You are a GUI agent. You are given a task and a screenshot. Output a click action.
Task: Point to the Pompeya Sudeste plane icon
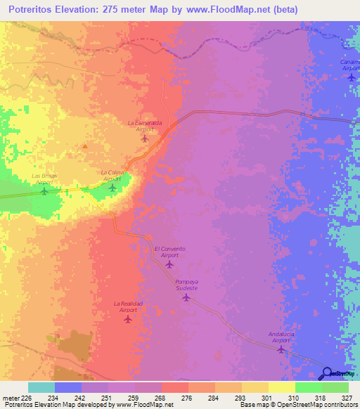tap(186, 297)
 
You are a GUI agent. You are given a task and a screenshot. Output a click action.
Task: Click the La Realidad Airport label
tap(128, 306)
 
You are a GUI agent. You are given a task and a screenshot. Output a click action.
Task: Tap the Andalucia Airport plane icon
tap(282, 348)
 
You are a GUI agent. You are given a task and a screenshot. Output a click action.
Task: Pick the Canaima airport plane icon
tap(352, 77)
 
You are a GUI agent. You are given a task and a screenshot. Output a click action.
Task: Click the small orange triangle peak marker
tap(85, 146)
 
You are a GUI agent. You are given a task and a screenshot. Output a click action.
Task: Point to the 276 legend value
tap(188, 397)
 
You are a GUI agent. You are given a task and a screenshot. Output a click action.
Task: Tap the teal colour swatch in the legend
tap(41, 387)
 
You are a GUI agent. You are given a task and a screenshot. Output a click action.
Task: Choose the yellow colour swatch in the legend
tap(281, 387)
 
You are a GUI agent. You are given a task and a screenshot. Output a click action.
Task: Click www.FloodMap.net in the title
tap(218, 10)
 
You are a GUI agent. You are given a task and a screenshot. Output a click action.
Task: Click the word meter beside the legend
tap(10, 397)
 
